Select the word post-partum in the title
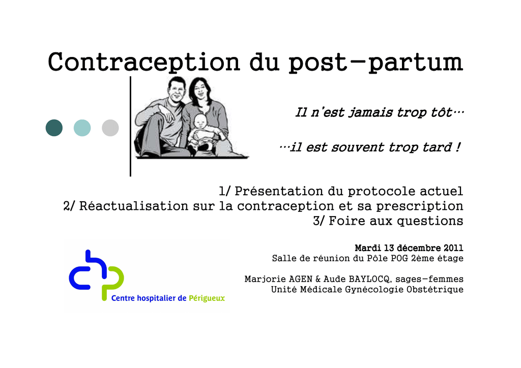pyautogui.click(x=375, y=63)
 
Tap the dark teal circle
pyautogui.click(x=54, y=128)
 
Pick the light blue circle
pyautogui.click(x=82, y=128)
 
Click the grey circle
pyautogui.click(x=110, y=128)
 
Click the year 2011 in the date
pyautogui.click(x=453, y=248)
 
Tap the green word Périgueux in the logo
pyautogui.click(x=207, y=298)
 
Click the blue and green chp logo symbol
pyautogui.click(x=97, y=274)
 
